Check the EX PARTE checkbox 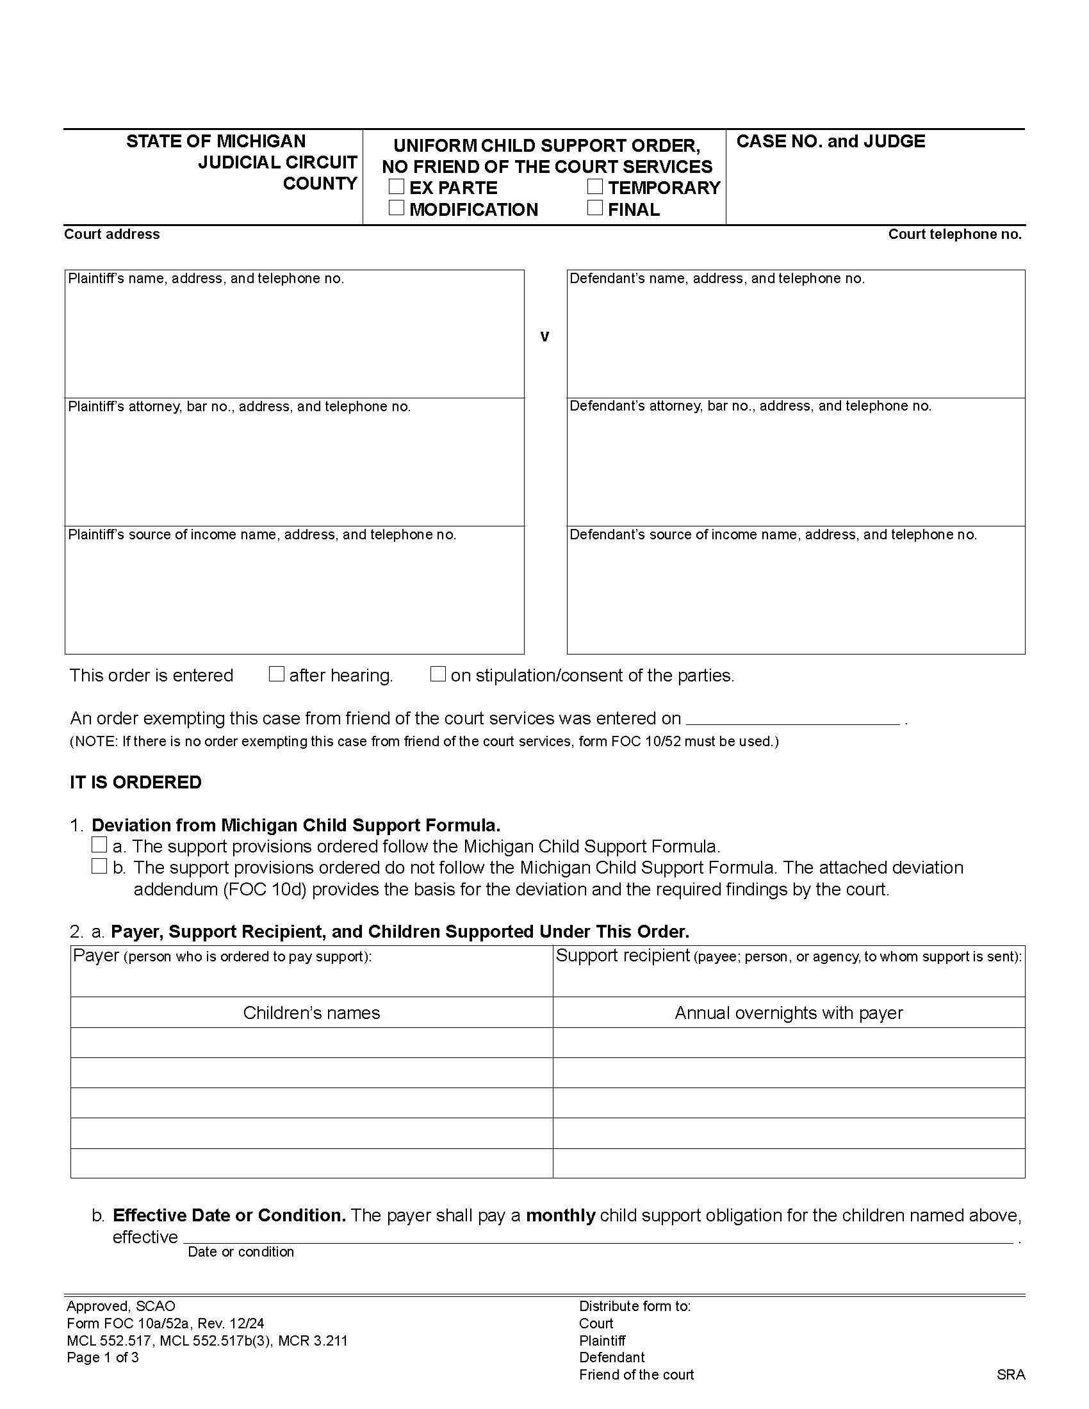click(x=397, y=187)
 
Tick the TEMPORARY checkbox click(x=595, y=187)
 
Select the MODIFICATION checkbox click(x=397, y=208)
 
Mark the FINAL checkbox click(x=595, y=208)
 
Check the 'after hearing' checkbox click(x=276, y=674)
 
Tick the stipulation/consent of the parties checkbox click(x=438, y=674)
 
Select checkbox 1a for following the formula click(x=99, y=845)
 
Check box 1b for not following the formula click(x=99, y=866)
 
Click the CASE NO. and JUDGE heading click(x=830, y=142)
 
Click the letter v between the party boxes click(x=544, y=336)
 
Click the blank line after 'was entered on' click(x=793, y=719)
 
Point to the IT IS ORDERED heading click(x=135, y=782)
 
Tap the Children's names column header click(x=311, y=1013)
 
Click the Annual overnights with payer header click(x=789, y=1013)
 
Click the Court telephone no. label click(x=954, y=234)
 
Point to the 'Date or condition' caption click(x=241, y=1251)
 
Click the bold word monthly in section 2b click(x=560, y=1216)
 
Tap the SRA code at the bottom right click(x=1010, y=1375)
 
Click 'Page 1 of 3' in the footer click(x=102, y=1357)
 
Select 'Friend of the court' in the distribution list click(x=636, y=1375)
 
